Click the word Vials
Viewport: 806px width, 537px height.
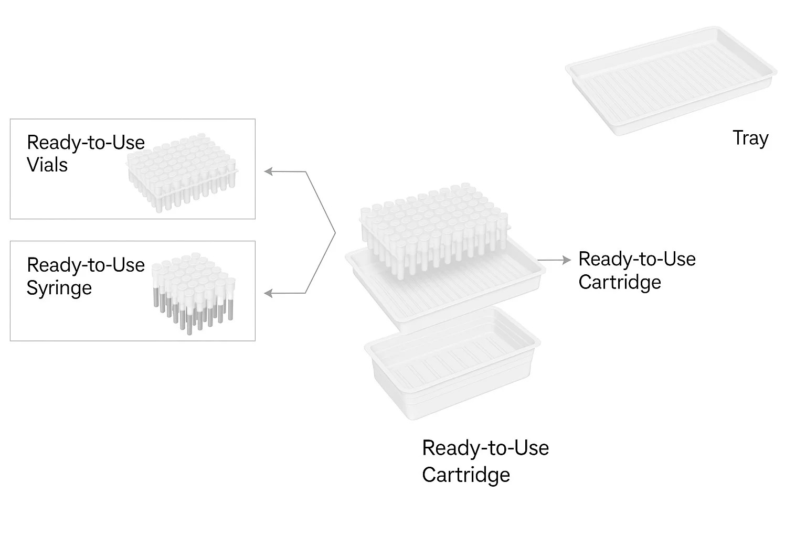[47, 165]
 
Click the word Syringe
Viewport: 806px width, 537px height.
[59, 287]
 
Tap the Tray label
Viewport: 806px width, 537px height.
[750, 138]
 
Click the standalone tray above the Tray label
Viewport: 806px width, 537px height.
[671, 79]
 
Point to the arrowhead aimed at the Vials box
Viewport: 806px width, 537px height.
[268, 171]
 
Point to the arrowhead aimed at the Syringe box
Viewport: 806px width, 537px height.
[268, 294]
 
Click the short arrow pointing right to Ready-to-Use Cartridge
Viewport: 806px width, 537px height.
[554, 260]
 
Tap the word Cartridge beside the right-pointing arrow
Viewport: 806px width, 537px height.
[619, 282]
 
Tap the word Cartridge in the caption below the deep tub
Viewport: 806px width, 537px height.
[465, 475]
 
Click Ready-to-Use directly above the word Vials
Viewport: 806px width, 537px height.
[86, 142]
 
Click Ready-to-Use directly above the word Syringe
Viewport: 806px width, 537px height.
[86, 265]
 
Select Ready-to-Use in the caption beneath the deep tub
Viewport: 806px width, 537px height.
[485, 448]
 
